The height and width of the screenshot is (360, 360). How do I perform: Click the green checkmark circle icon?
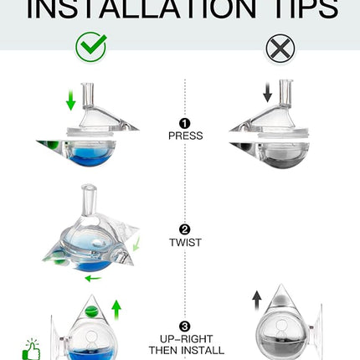(x=90, y=47)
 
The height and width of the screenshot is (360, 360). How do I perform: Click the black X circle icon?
(x=280, y=48)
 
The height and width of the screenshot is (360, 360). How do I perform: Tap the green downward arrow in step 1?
(x=70, y=100)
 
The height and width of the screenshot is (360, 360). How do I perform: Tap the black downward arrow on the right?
(x=267, y=92)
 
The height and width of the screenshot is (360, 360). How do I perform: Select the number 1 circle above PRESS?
(x=185, y=122)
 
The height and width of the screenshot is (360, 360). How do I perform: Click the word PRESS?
(x=185, y=135)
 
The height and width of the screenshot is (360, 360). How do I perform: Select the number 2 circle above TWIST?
(x=185, y=229)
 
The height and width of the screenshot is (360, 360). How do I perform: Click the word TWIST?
(x=185, y=243)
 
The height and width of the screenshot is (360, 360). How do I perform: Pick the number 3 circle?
(x=185, y=327)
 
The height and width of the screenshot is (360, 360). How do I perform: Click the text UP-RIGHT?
(x=185, y=339)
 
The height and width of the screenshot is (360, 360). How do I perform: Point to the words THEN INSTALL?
(x=185, y=352)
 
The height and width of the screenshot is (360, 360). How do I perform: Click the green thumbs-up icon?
(x=31, y=349)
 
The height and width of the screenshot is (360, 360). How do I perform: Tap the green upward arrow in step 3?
(x=116, y=309)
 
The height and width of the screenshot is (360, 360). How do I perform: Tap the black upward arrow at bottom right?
(x=256, y=301)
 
